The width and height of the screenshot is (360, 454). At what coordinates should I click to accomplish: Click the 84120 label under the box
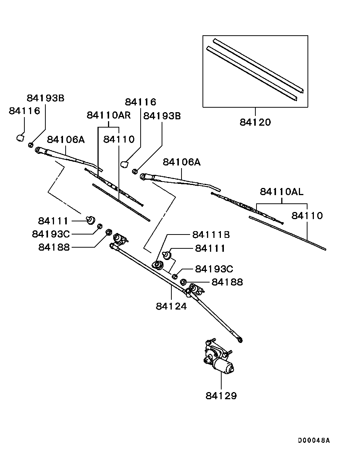coord(255,122)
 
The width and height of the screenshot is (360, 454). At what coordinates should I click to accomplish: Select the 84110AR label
coord(109,115)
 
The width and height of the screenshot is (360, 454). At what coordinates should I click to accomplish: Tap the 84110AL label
coord(282,192)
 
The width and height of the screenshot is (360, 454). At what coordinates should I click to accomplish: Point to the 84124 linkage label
coord(171,306)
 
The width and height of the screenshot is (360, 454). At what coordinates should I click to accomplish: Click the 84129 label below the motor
coord(221,395)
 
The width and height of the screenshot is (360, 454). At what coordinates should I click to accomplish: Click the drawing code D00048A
coord(314,440)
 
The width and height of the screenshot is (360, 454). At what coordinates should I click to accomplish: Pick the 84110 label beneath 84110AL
coord(307,216)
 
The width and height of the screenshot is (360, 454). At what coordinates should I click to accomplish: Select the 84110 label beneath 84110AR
coord(119,140)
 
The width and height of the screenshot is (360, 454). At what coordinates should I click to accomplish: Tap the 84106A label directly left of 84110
coord(66,140)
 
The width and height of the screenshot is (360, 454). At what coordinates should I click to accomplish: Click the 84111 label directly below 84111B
coord(210,248)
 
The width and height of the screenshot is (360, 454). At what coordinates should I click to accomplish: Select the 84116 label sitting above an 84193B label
coord(141,102)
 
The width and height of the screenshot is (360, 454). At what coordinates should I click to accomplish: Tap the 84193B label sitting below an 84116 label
coord(162,116)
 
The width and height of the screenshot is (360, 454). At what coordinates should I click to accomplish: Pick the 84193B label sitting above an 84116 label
coord(45,98)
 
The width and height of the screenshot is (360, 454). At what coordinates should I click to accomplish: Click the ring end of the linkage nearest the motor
coord(240,340)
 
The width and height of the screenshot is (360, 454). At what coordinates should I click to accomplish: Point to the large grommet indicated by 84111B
coord(158,265)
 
